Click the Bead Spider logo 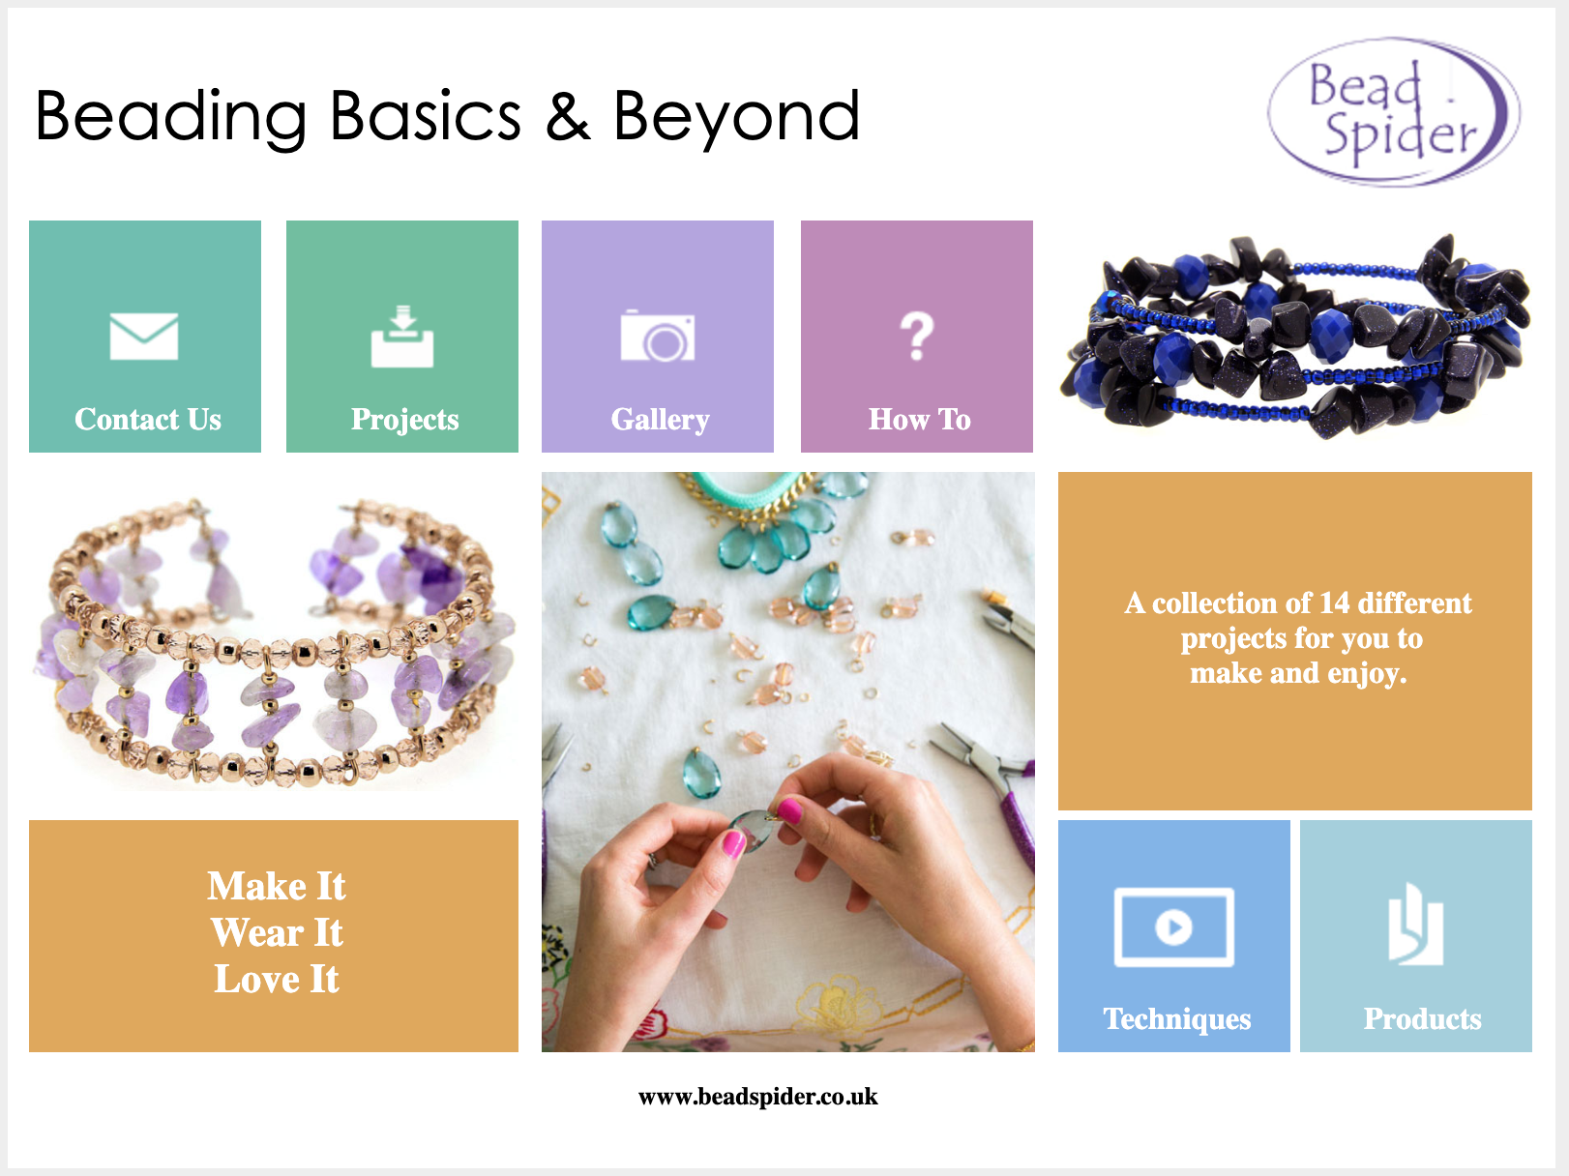[1393, 111]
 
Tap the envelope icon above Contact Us [144, 336]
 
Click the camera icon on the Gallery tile [657, 335]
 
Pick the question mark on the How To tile [916, 336]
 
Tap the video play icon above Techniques [1173, 926]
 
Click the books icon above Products [1415, 925]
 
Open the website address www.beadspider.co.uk [757, 1097]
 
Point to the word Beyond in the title [736, 118]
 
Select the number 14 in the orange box [1334, 603]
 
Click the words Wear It [277, 932]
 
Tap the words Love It [277, 979]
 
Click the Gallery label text [660, 420]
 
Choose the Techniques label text [1176, 1018]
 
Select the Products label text [1423, 1018]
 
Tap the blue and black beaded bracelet [1294, 336]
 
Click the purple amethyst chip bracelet [275, 643]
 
